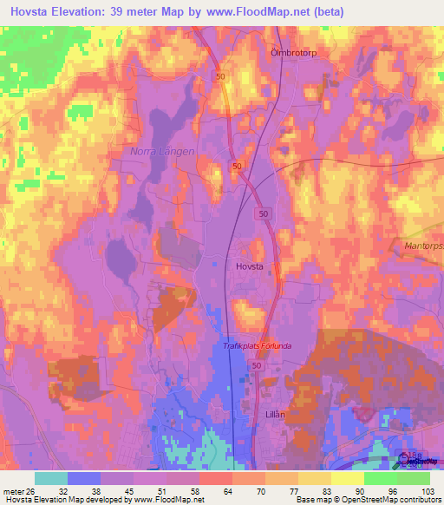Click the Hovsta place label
(250, 268)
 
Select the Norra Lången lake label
(161, 151)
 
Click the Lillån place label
(274, 415)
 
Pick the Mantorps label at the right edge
(423, 246)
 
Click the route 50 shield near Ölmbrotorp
(221, 77)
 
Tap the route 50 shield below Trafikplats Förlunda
(257, 367)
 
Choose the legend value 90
(360, 491)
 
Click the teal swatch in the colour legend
(51, 478)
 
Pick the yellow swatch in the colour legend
(347, 478)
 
